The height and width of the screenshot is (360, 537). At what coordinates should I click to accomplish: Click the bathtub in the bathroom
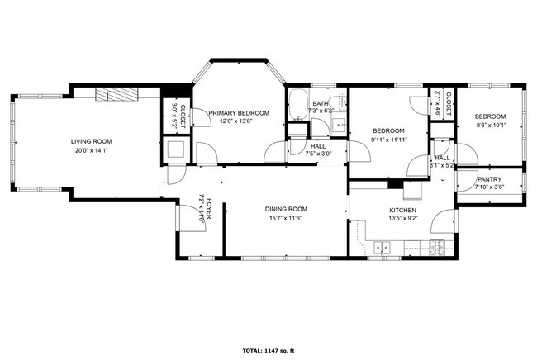click(297, 105)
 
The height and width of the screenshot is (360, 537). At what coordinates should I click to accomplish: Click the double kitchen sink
click(382, 246)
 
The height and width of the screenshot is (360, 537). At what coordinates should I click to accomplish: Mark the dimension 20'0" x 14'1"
click(90, 150)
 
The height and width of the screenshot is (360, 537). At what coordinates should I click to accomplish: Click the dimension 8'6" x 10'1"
click(489, 126)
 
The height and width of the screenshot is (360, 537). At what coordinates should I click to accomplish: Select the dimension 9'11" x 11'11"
click(387, 140)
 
